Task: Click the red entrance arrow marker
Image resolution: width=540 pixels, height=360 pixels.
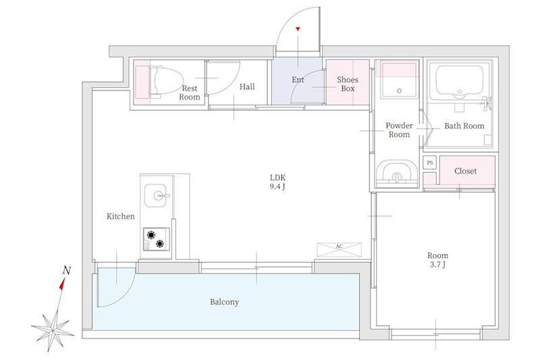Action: pos(298,29)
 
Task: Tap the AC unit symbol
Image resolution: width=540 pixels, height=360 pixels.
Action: pos(340,250)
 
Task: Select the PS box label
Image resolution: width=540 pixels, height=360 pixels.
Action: pos(430,163)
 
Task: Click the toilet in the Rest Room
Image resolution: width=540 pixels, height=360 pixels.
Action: pos(166,80)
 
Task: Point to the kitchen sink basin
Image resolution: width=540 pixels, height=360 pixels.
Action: pos(157,195)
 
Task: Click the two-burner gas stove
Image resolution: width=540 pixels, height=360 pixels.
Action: pos(157,239)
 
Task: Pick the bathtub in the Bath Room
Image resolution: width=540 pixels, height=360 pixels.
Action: pos(460,82)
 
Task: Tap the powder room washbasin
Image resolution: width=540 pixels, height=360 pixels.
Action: pos(396,174)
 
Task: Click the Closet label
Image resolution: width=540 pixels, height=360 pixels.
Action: pos(466,171)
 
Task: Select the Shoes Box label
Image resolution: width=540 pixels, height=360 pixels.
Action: pos(348,84)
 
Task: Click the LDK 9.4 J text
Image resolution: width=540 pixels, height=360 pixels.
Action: pos(277,182)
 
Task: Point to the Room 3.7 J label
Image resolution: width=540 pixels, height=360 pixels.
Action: pos(437,260)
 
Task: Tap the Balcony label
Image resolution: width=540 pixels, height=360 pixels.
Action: pos(225,302)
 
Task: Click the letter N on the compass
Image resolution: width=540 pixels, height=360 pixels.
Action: pos(67,271)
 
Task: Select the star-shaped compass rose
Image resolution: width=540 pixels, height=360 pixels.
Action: pos(53,330)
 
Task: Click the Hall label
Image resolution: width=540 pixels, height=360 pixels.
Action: pos(247,86)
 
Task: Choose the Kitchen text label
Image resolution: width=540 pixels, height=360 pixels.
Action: pos(121,216)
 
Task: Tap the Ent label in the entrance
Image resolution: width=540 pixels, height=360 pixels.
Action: pos(298,80)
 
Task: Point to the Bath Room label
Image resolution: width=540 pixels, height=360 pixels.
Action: pos(464,126)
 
